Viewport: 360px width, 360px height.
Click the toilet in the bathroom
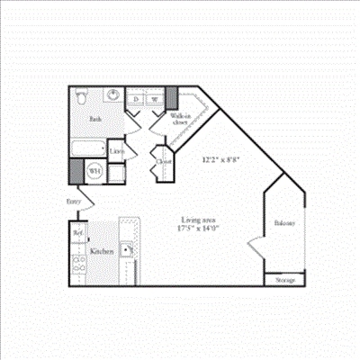tap(80, 96)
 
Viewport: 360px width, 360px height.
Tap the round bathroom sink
tap(112, 96)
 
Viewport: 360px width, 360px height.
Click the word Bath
tap(94, 118)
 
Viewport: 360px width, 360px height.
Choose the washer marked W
tap(154, 99)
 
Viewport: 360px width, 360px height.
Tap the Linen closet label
tap(117, 151)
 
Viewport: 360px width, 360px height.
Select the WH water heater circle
tap(94, 168)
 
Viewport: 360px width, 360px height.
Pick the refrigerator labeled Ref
tap(77, 232)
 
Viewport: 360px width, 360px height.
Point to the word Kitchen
tap(102, 252)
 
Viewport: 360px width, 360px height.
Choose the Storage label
tap(285, 280)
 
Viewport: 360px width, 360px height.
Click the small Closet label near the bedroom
tap(163, 162)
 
